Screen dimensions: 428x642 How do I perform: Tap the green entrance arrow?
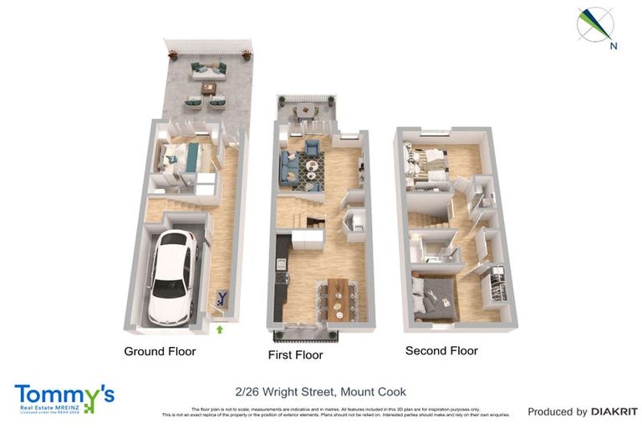220,329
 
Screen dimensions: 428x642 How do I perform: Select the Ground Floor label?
160,351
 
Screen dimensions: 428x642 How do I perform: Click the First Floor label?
295,354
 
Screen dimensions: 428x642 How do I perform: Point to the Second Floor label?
441,350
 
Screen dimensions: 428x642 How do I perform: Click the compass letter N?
614,46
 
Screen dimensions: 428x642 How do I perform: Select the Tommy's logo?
64,397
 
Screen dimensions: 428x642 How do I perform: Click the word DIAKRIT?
614,411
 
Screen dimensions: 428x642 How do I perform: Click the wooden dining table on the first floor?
337,297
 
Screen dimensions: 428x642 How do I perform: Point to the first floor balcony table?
306,110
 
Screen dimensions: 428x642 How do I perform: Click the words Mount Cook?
376,391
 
